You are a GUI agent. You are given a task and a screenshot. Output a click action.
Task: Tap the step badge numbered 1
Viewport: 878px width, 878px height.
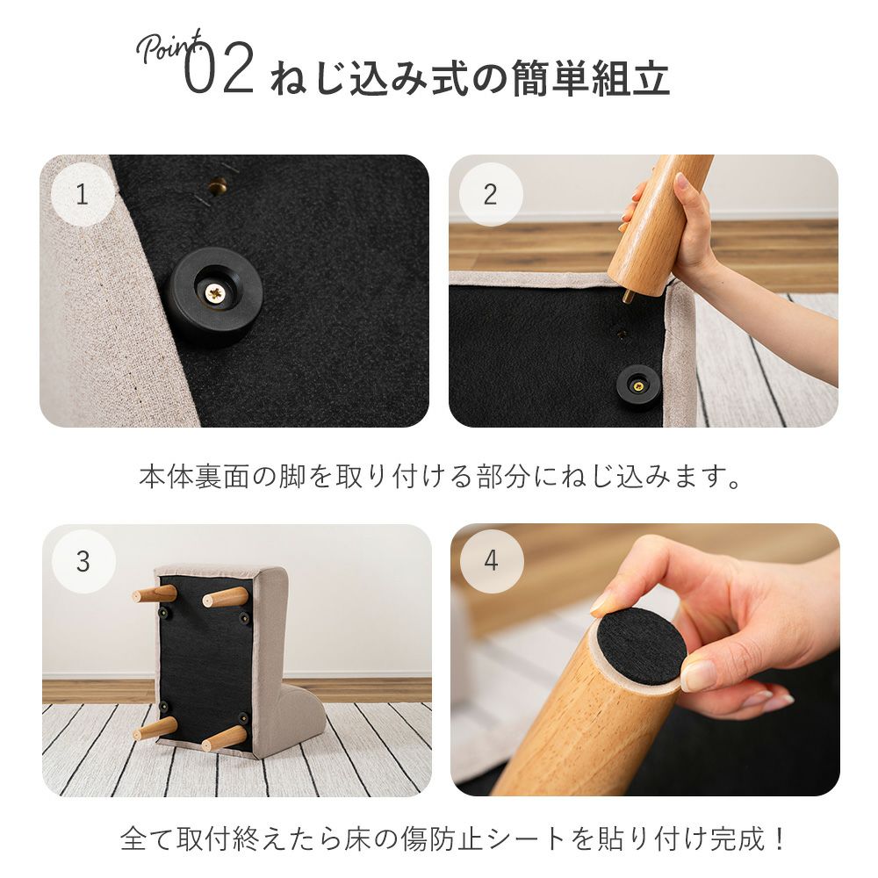click(83, 194)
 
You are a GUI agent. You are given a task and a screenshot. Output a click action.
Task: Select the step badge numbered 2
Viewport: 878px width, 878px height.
click(491, 194)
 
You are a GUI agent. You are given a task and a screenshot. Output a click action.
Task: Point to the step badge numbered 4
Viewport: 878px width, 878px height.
click(492, 561)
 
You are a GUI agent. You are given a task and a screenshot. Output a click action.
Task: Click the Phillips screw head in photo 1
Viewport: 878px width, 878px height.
click(215, 291)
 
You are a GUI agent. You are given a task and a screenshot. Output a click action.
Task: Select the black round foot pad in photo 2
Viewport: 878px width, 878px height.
click(637, 385)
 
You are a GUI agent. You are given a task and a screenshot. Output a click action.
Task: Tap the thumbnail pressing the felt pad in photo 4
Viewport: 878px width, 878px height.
click(698, 676)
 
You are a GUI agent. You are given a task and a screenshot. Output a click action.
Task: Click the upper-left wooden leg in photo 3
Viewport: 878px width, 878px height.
click(155, 594)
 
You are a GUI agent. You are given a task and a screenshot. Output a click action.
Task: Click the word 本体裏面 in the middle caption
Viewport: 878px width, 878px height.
click(194, 477)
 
